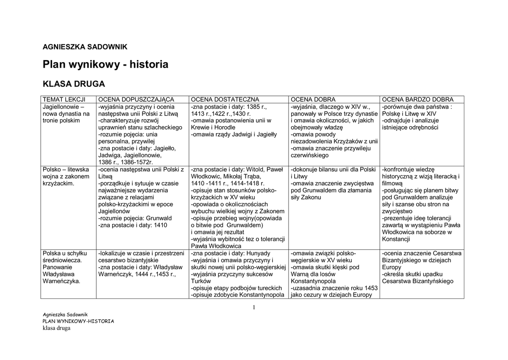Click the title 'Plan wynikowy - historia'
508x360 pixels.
(x=106, y=65)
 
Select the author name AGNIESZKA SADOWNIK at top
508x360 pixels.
(x=85, y=47)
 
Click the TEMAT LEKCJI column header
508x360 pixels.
(x=64, y=99)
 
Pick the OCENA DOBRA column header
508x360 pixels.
(x=313, y=99)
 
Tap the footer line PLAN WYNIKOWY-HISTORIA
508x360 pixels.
(x=78, y=321)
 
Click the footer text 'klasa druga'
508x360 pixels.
(x=56, y=328)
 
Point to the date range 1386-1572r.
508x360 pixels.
(x=133, y=162)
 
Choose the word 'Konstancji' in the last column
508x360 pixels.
(x=396, y=239)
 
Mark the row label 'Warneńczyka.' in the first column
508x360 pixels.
(x=62, y=281)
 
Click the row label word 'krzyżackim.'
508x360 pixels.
(x=59, y=183)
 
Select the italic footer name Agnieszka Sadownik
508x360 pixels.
(x=65, y=314)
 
